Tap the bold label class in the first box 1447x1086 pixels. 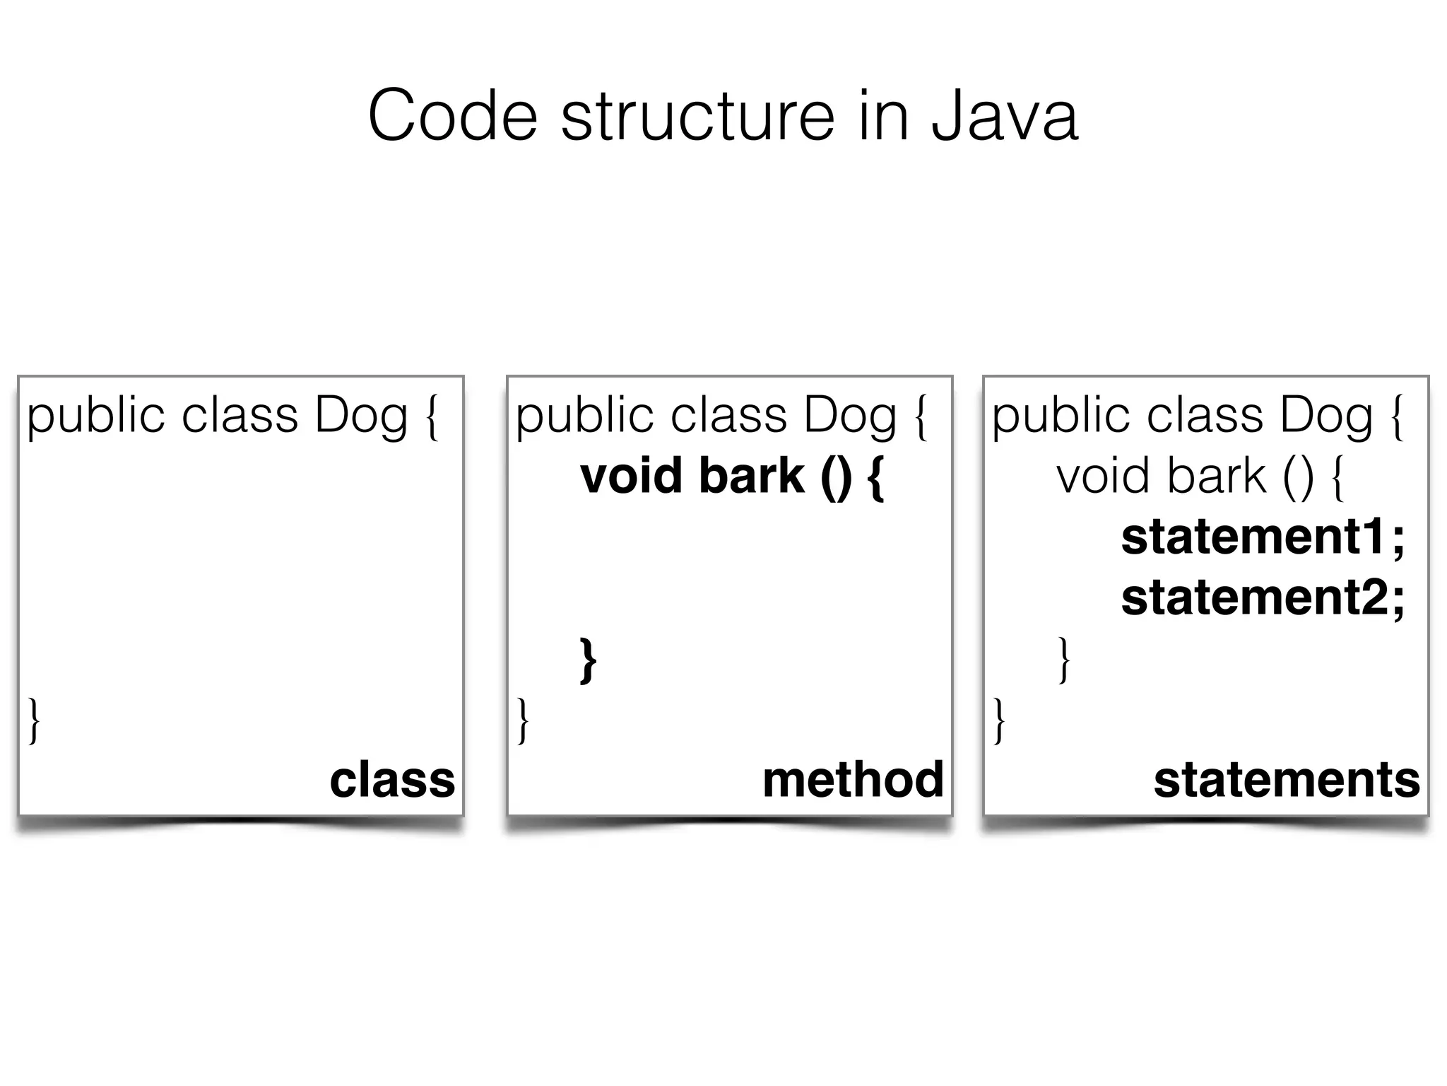pos(392,780)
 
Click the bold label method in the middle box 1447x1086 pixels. pos(853,780)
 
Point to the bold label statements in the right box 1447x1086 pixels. pos(1286,780)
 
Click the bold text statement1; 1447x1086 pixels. pos(1263,537)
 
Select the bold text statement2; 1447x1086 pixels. pos(1263,598)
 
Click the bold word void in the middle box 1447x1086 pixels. pos(631,476)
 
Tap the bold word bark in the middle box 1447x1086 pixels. pos(751,476)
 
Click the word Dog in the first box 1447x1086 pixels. pos(361,416)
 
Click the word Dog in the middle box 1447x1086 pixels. pos(850,416)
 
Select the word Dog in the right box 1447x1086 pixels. pos(1326,416)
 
